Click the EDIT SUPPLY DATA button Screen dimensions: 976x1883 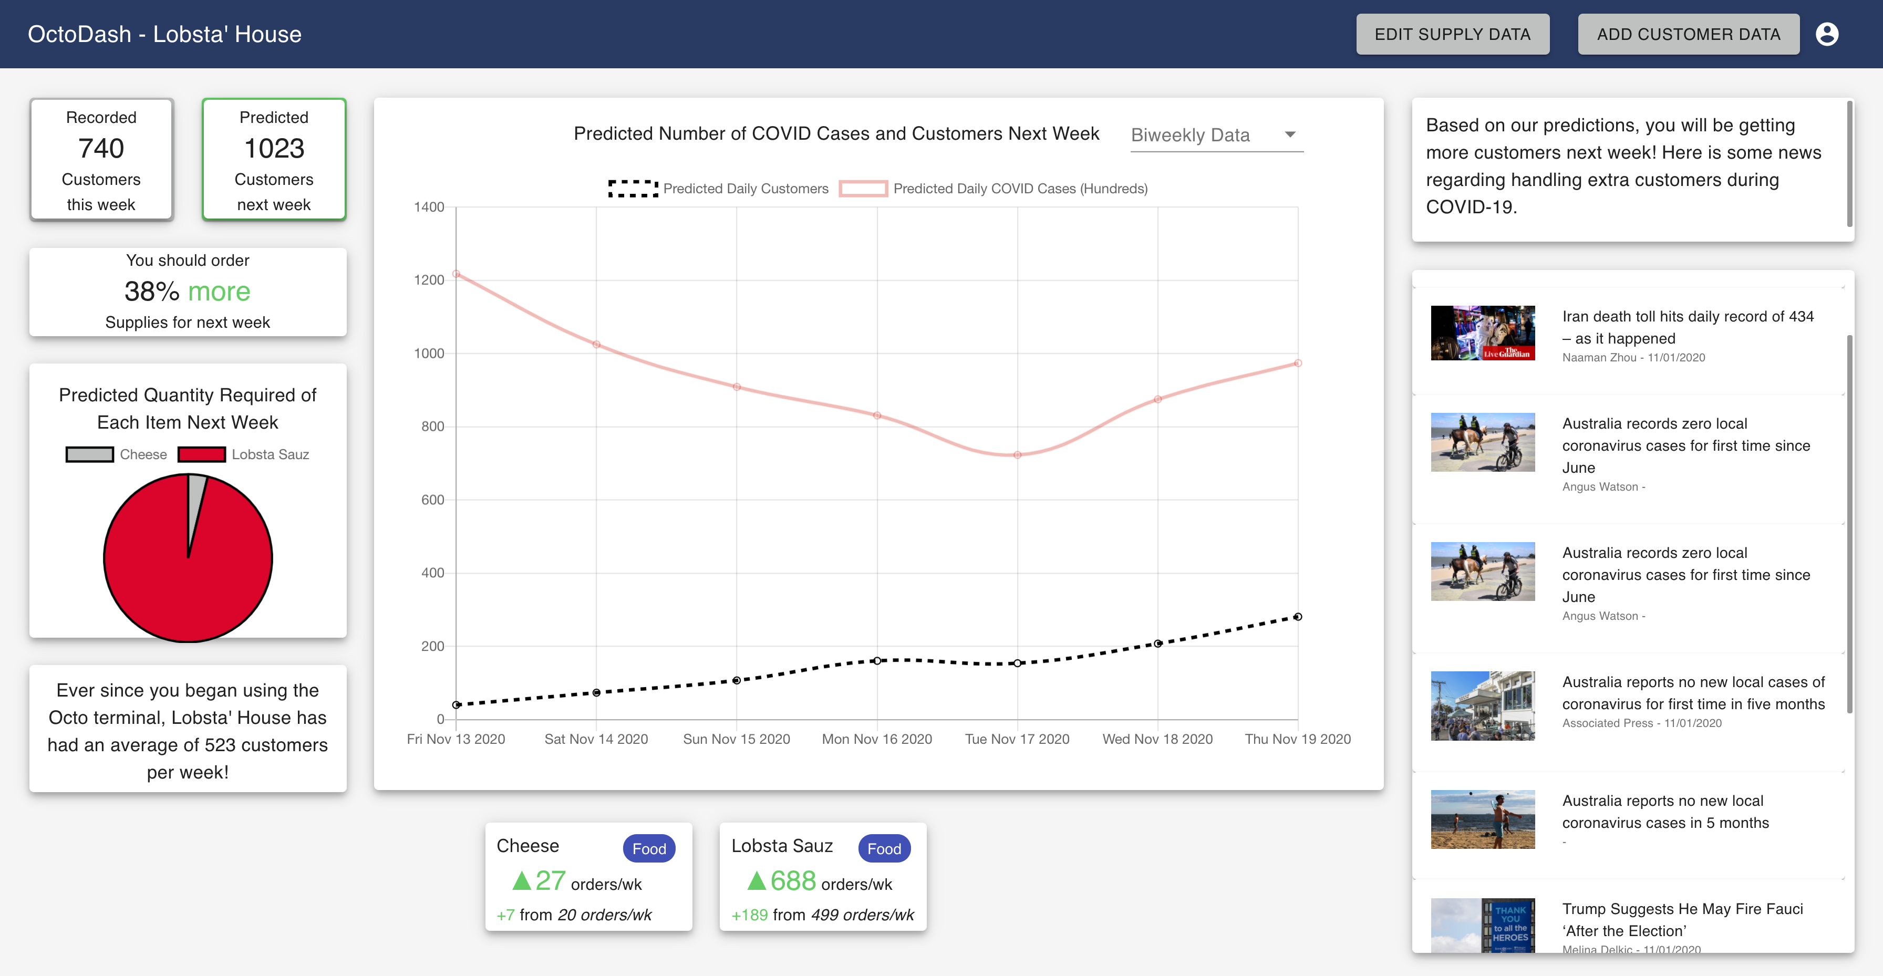[x=1452, y=34]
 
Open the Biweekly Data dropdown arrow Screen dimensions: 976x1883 [x=1289, y=134]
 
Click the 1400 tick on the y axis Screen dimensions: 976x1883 [x=429, y=207]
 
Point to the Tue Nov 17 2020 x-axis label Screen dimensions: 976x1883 [x=1017, y=739]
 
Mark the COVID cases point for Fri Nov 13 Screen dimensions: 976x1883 [x=456, y=274]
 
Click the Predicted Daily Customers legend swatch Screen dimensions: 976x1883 [x=633, y=189]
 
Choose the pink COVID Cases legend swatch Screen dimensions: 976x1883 [x=863, y=189]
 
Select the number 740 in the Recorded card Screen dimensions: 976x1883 [x=101, y=149]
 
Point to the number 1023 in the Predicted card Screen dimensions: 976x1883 [x=274, y=149]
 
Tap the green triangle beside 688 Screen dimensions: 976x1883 [x=757, y=881]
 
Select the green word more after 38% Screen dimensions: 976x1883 [x=219, y=292]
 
